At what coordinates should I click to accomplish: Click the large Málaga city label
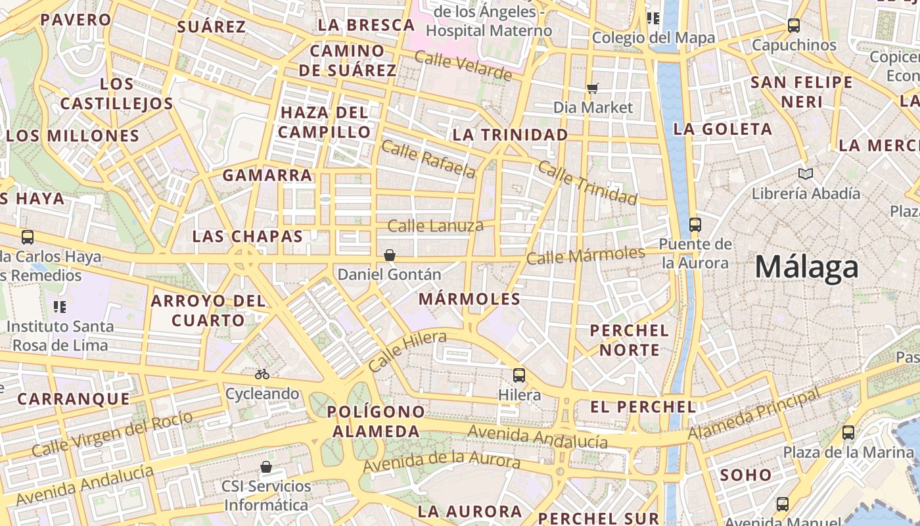coord(806,268)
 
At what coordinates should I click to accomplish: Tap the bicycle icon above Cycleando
coord(262,374)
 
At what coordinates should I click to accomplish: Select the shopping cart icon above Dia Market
coord(593,88)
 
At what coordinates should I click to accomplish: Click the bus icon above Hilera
coord(519,375)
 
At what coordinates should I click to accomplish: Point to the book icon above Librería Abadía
coord(806,174)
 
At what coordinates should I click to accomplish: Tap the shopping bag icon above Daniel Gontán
coord(390,254)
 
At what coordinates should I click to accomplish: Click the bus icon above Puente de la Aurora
coord(695,225)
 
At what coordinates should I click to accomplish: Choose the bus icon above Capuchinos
coord(794,26)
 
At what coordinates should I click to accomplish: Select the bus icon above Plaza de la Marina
coord(848,433)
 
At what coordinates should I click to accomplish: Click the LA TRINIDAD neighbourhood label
coord(510,135)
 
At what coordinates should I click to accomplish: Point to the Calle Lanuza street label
coord(435,226)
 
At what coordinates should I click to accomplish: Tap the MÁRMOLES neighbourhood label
coord(469,299)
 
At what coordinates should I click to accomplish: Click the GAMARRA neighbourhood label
coord(267,176)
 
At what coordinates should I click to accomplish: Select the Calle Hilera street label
coord(407,351)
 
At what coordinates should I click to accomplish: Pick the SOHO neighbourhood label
coord(746,475)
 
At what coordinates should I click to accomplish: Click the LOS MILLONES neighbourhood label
coord(73,136)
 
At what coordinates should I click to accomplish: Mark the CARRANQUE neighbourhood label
coord(74,398)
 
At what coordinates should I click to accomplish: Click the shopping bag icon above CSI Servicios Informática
coord(266,467)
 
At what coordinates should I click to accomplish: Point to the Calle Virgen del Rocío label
coord(112,435)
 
